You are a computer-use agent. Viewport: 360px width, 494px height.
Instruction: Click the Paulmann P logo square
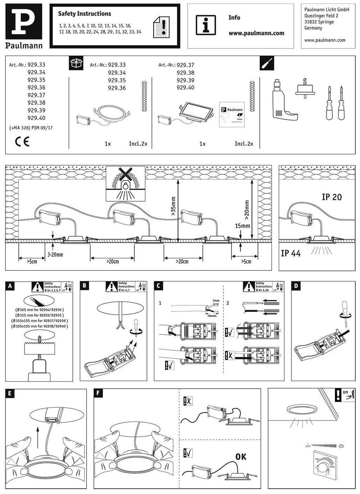tap(23, 21)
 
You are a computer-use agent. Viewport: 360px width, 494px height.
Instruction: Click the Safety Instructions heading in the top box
tap(84, 14)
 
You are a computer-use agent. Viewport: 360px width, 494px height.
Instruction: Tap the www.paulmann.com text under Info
tap(256, 33)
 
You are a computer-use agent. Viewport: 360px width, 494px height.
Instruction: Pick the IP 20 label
tap(331, 197)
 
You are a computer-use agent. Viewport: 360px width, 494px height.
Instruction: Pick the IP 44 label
tap(291, 253)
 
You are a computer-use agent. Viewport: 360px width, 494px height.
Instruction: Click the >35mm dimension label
tap(173, 209)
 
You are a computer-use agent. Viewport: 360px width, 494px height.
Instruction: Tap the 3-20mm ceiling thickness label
tap(55, 254)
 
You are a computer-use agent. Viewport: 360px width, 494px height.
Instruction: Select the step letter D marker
tap(296, 285)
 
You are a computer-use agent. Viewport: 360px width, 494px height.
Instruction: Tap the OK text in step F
tap(241, 457)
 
